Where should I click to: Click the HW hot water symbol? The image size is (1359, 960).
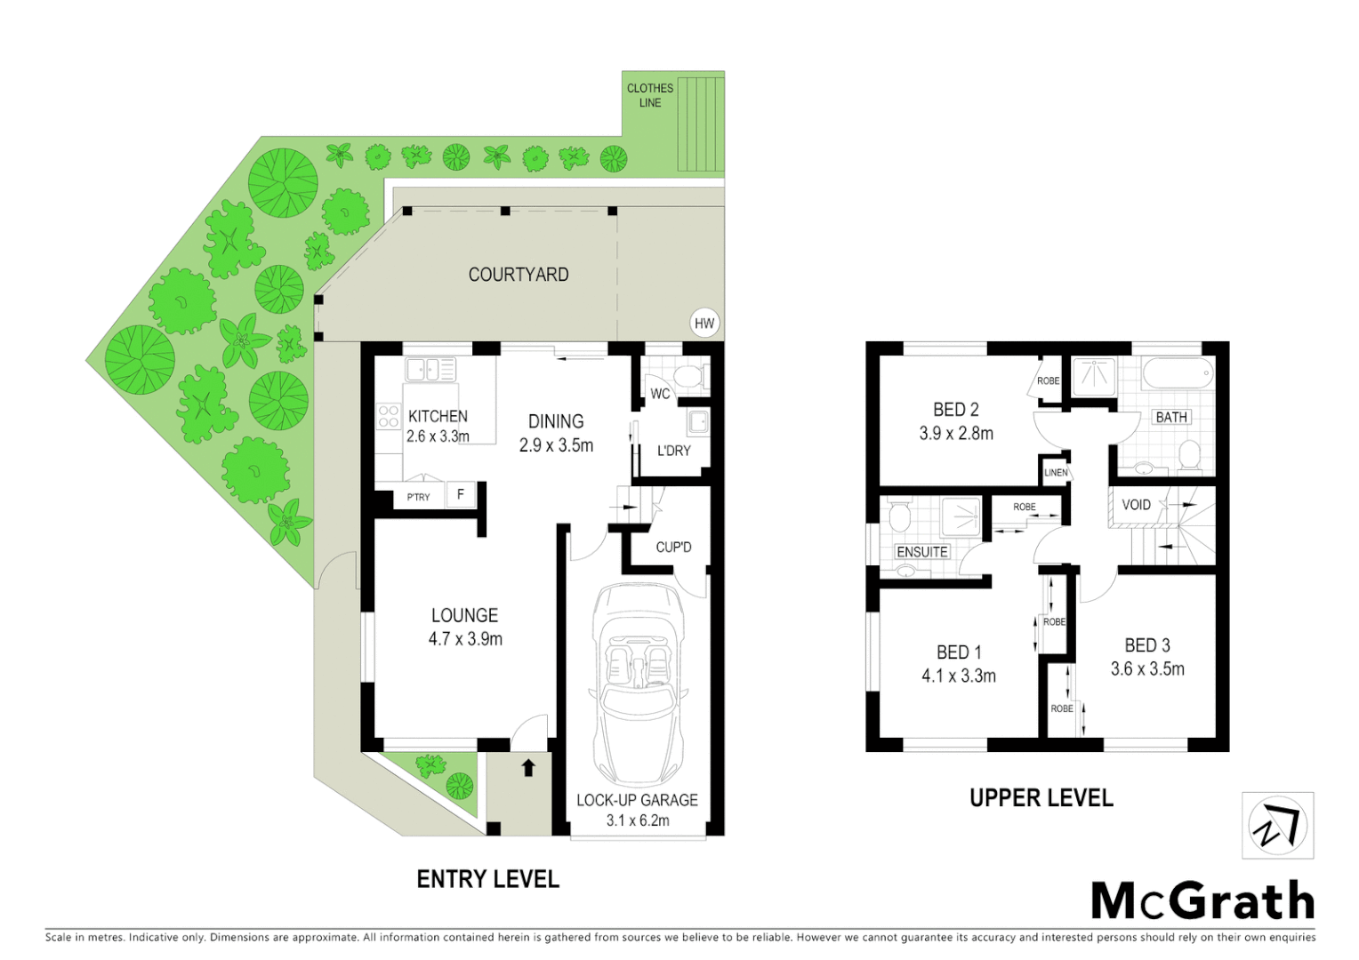point(704,324)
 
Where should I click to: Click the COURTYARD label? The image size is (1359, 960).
point(519,275)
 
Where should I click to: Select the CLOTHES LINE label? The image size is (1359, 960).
point(650,95)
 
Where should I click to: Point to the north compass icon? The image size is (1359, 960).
point(1277,826)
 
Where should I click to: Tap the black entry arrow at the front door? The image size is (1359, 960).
point(528,766)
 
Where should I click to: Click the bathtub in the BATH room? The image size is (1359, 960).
point(1177,374)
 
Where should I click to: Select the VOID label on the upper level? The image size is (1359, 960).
point(1136,505)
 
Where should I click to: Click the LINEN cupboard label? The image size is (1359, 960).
point(1056,473)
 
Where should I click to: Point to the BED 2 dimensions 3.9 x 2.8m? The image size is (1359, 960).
point(956,434)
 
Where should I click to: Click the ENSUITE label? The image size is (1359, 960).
point(922,552)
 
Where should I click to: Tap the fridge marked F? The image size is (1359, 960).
point(461,494)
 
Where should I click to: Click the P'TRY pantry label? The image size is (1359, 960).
point(418,497)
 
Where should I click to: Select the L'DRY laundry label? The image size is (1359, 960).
point(673,451)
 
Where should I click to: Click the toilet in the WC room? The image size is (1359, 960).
point(691,377)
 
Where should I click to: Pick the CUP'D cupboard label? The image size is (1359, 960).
point(673,548)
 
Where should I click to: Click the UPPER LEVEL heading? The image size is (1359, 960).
point(1041,798)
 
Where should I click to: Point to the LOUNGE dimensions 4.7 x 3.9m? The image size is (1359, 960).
point(465,639)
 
